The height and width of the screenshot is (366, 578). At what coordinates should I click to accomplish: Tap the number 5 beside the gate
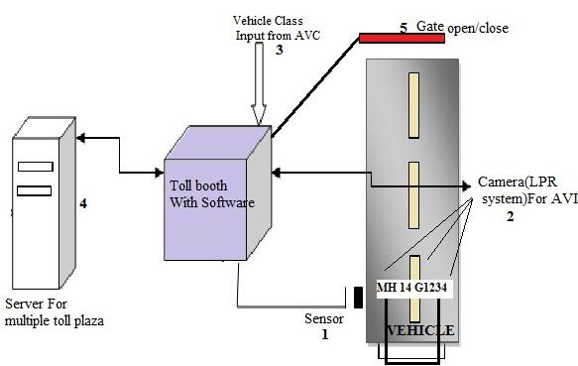[x=404, y=29]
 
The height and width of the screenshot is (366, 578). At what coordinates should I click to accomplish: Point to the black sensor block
[x=356, y=298]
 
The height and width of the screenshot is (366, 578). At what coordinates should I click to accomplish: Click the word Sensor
[x=325, y=320]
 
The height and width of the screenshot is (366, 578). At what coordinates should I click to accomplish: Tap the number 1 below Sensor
[x=323, y=335]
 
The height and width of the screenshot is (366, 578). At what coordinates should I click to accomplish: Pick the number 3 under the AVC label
[x=280, y=49]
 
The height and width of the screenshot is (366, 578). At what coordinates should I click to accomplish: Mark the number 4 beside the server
[x=83, y=204]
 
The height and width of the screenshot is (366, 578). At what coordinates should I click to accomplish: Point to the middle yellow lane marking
[x=415, y=192]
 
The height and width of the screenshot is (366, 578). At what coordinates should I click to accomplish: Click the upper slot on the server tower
[x=36, y=167]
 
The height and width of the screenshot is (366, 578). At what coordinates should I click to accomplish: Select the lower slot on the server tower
[x=36, y=189]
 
